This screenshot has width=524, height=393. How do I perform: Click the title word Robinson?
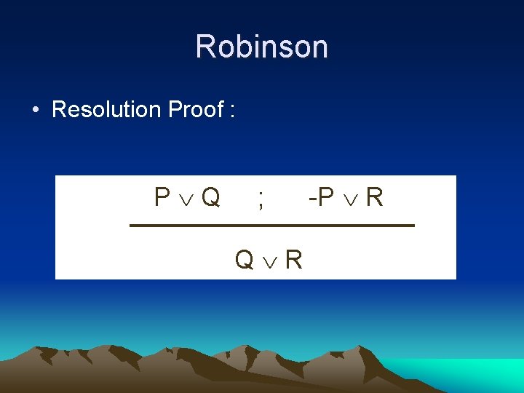[261, 47]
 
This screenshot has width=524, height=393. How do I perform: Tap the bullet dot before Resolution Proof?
[35, 111]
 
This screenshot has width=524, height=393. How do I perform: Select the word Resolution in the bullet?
[106, 109]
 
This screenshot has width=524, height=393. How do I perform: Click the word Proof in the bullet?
[195, 109]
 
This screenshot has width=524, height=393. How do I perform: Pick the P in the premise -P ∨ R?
[325, 197]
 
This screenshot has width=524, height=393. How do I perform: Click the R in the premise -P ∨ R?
[374, 197]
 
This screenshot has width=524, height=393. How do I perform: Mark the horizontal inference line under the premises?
[271, 226]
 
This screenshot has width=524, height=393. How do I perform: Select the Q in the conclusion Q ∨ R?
[244, 258]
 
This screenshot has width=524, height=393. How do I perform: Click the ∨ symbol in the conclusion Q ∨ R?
[269, 260]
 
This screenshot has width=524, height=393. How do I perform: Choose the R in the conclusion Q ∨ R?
[293, 258]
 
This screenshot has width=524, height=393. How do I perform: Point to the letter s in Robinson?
[282, 48]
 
